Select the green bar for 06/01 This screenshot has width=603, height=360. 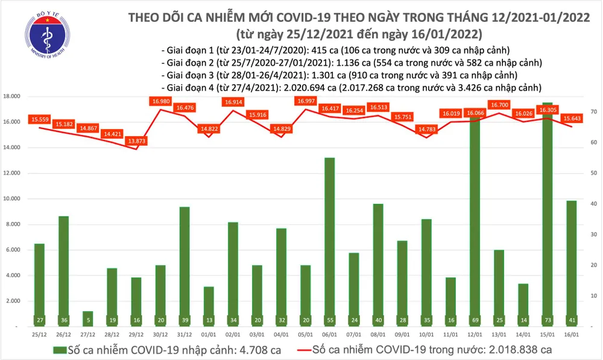pyautogui.click(x=329, y=241)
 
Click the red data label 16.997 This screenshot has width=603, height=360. pyautogui.click(x=306, y=101)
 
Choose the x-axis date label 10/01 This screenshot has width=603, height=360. pyautogui.click(x=426, y=333)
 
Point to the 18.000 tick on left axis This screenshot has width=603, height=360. pyautogui.click(x=12, y=96)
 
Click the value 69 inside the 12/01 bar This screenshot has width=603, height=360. pyautogui.click(x=475, y=319)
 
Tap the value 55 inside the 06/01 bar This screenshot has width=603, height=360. pyautogui.click(x=329, y=319)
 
